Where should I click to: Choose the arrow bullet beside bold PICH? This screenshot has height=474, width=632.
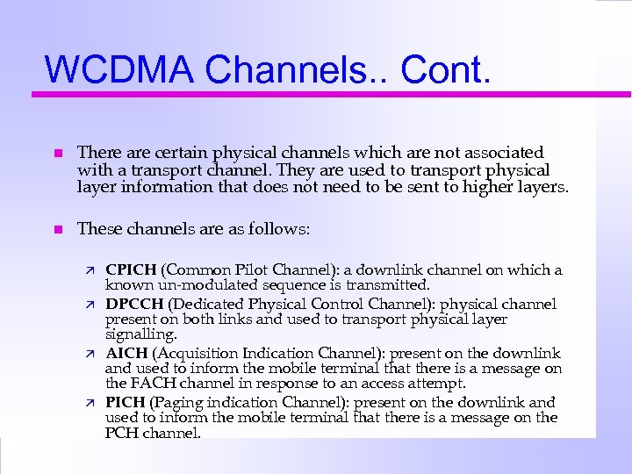pos(90,403)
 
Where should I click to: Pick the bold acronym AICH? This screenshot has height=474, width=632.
pos(126,354)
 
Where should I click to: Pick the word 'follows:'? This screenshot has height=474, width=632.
pos(280,229)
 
